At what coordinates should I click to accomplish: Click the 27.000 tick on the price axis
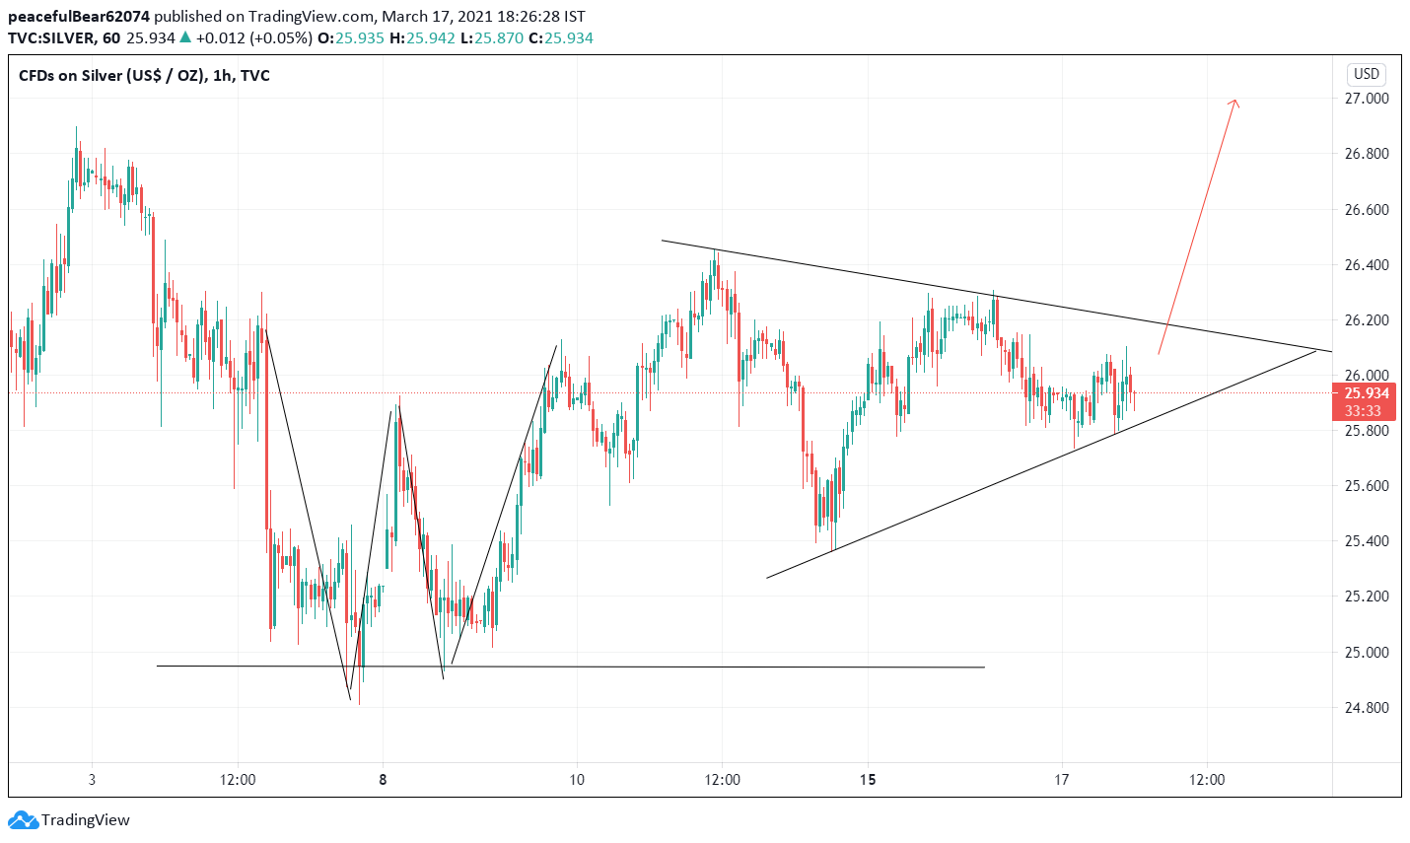click(1366, 99)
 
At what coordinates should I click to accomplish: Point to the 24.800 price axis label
click(1366, 707)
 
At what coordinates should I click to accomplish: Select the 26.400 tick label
click(1366, 264)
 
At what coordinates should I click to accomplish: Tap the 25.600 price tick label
click(1366, 486)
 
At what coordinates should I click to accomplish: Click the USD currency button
click(1366, 74)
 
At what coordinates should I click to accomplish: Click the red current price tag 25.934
click(1366, 393)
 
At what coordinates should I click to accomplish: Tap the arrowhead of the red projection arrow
click(1234, 102)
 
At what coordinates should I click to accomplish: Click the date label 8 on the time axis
click(383, 780)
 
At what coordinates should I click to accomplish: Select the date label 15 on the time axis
click(867, 780)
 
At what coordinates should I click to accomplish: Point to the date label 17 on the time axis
click(1061, 780)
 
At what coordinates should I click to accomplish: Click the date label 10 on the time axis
click(577, 780)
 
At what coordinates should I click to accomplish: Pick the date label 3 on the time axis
click(92, 780)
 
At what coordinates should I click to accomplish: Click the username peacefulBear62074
click(79, 17)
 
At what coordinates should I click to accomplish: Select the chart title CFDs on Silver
click(144, 76)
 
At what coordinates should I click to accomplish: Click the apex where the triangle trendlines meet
click(1317, 350)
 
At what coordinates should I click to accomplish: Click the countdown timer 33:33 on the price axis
click(1366, 410)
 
